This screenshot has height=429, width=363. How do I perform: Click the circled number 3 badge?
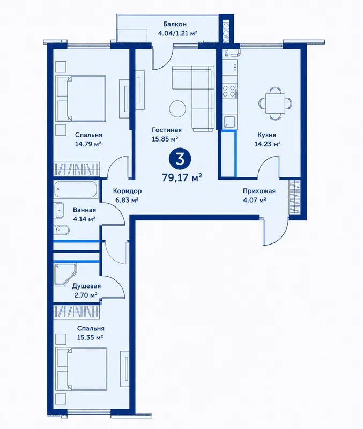click(x=180, y=159)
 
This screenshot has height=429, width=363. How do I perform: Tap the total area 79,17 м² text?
click(x=182, y=177)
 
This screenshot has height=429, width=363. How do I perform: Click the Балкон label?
click(x=175, y=24)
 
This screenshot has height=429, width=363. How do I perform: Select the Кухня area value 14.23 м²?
click(x=267, y=144)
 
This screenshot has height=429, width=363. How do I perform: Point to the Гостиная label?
click(x=167, y=130)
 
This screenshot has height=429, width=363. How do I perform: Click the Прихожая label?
click(x=259, y=191)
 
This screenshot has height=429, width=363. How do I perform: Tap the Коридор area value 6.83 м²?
click(x=127, y=200)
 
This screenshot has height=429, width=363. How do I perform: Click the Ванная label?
click(x=84, y=210)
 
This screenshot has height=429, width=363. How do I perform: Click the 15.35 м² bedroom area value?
click(x=90, y=337)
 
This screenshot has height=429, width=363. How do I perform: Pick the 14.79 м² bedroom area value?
click(x=88, y=144)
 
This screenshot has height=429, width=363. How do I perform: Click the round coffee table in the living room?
click(x=178, y=109)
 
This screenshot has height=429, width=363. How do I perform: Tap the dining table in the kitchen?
click(x=275, y=103)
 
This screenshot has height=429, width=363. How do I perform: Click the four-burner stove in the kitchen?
click(x=229, y=91)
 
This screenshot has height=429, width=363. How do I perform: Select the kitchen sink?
click(x=229, y=122)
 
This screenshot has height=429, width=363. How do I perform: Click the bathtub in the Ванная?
click(x=76, y=189)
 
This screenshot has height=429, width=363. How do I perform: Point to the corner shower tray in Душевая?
click(x=65, y=275)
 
